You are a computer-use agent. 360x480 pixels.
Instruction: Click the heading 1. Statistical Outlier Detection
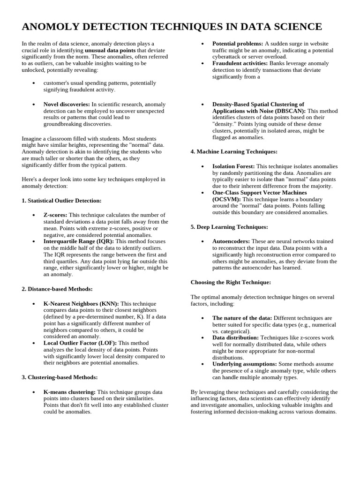[61, 201]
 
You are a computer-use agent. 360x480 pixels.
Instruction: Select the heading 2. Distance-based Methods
[57, 289]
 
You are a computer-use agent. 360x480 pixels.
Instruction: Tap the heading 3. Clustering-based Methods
[60, 377]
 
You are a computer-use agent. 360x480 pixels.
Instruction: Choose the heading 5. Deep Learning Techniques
[229, 227]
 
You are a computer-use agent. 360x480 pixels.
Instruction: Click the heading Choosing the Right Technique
[231, 282]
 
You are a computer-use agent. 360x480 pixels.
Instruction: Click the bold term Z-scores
[55, 215]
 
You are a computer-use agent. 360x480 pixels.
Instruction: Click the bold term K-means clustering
[69, 391]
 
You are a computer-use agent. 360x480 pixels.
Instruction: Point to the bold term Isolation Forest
[233, 166]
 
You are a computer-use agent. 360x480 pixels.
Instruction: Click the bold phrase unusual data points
[110, 50]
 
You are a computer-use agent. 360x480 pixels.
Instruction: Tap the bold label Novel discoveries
[67, 104]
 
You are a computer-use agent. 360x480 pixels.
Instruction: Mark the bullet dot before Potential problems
[202, 44]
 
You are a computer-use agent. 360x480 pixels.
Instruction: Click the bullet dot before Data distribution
[202, 337]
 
